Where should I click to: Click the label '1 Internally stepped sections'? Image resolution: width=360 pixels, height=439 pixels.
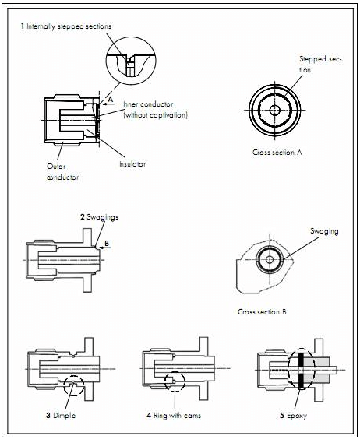click(x=66, y=26)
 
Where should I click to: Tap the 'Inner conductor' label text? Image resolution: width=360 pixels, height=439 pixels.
click(x=148, y=104)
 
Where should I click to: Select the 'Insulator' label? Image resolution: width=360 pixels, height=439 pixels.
click(x=132, y=163)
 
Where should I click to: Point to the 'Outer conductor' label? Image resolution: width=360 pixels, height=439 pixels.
click(x=63, y=171)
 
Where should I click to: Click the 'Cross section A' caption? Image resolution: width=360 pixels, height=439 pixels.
click(x=277, y=153)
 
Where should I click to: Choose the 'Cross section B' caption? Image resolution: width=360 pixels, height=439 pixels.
click(x=262, y=311)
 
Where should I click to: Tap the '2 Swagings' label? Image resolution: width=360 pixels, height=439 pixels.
click(x=99, y=217)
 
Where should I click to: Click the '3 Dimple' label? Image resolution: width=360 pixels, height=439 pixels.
click(x=61, y=415)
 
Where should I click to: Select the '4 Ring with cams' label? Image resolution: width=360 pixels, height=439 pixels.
click(x=174, y=415)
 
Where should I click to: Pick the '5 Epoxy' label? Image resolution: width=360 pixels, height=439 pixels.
click(x=293, y=415)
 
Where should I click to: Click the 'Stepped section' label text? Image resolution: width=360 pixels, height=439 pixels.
click(x=320, y=65)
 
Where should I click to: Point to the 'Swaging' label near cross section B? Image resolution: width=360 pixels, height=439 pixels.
click(x=324, y=231)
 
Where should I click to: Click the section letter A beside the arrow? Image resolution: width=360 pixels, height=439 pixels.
click(x=110, y=99)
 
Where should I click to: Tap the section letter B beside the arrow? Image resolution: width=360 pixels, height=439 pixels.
click(x=107, y=244)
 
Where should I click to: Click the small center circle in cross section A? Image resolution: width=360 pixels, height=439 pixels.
click(x=275, y=110)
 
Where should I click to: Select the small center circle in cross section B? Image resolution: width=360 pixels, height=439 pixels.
click(x=270, y=259)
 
